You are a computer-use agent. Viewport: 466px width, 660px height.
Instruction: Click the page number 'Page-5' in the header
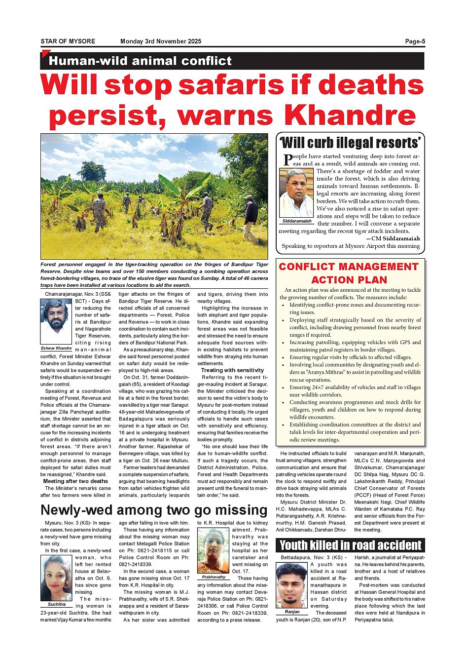pos(415,41)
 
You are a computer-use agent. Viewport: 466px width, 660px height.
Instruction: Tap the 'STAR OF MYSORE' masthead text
pos(68,41)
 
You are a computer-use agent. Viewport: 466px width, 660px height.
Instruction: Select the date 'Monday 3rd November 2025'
pos(161,41)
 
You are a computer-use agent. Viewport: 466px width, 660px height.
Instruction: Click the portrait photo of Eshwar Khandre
pos(57,322)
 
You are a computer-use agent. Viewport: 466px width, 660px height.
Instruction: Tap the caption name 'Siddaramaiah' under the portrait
pos(296,221)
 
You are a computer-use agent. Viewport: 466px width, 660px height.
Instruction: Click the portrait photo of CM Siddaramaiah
pos(296,193)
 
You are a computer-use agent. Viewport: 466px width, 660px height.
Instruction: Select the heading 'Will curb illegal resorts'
pos(351,143)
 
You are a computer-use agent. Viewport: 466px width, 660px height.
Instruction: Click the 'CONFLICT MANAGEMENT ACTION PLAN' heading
pos(349,273)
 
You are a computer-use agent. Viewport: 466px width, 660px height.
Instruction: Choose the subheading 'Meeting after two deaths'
pos(75,481)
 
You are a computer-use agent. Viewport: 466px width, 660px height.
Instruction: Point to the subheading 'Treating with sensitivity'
pos(232,370)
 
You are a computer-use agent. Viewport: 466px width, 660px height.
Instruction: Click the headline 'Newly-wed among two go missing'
pos(154,510)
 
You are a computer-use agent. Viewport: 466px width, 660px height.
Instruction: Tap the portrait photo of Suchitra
pos(57,578)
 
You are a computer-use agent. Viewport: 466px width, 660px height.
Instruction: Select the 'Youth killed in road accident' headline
pos(351,545)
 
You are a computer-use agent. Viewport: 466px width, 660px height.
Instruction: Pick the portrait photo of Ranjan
pos(292,585)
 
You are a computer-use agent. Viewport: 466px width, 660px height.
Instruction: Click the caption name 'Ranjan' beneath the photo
pos(292,612)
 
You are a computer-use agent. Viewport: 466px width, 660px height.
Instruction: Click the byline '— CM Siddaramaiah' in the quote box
pos(393,238)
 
